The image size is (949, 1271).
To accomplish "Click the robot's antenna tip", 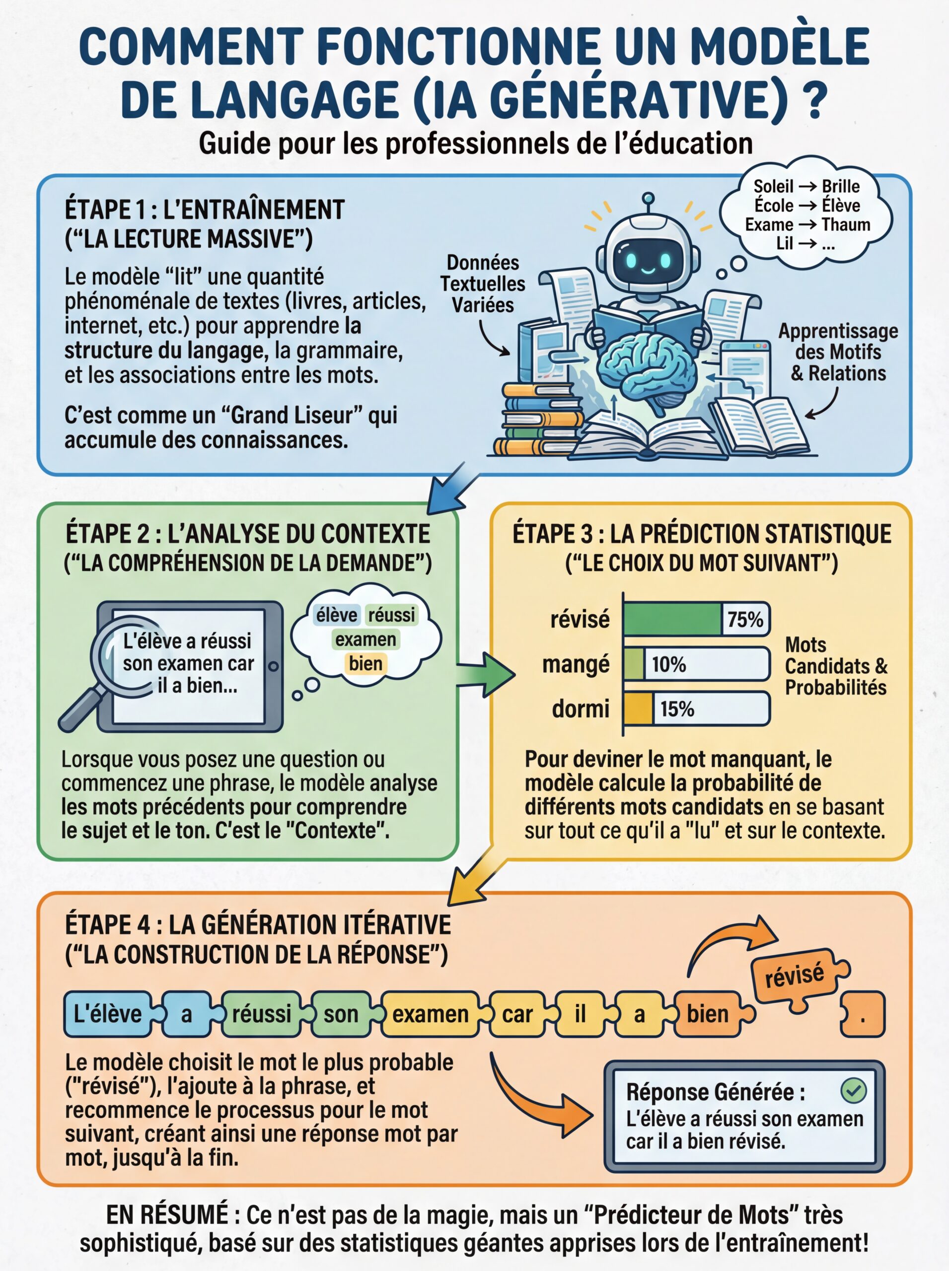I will coord(648,198).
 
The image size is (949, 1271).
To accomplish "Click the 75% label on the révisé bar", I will coord(745,619).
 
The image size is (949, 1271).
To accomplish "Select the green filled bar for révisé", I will coord(672,619).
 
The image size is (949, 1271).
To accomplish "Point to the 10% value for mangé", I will coord(668,664).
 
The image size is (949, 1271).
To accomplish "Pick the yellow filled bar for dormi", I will coord(638,708).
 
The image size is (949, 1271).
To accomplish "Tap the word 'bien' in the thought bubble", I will coord(365,663).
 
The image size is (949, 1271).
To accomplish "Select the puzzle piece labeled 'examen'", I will coord(430,1014).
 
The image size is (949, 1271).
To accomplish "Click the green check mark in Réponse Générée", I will coord(854,1090).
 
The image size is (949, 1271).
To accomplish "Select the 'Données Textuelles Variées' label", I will coord(483,283).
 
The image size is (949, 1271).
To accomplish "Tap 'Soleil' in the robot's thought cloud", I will coord(773,187).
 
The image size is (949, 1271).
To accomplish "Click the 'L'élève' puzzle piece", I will coord(107,1014).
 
